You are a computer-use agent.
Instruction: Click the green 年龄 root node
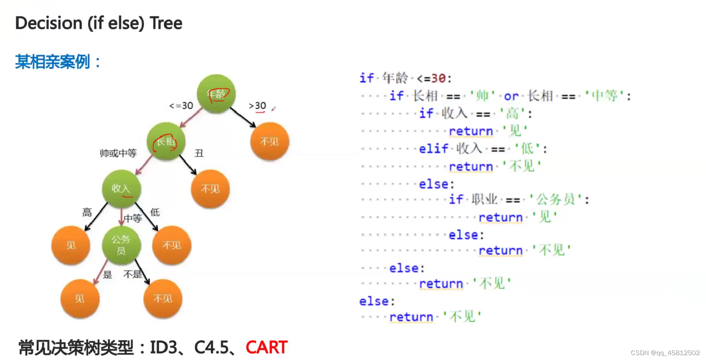point(216,94)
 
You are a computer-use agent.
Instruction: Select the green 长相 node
point(166,141)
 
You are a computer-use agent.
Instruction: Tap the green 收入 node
point(121,189)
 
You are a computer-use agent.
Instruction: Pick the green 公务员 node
point(121,245)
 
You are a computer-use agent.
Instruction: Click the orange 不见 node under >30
point(269,141)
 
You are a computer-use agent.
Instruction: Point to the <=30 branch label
point(181,106)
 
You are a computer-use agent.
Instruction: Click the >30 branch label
point(258,106)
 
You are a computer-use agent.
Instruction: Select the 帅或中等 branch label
point(118,153)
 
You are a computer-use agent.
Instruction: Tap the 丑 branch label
point(199,153)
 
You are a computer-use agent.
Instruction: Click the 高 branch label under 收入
point(87,212)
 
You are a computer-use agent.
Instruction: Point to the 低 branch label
point(155,212)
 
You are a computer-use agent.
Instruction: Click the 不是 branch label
point(132,274)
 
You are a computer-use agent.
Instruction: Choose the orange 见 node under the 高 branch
point(71,245)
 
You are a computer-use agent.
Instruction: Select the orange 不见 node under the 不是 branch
point(162,299)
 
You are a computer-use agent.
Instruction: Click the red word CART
point(266,347)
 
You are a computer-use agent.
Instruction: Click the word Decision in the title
point(49,23)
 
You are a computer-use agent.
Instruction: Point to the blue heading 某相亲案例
point(53,62)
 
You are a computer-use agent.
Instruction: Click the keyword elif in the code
point(433,149)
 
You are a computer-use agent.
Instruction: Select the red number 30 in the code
point(438,78)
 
